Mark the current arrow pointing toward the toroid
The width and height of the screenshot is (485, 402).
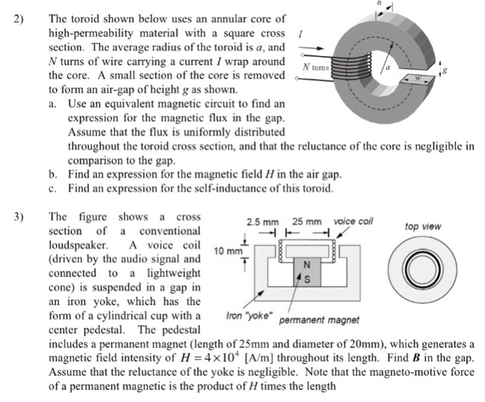310,48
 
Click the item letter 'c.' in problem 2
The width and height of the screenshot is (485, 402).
53,188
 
